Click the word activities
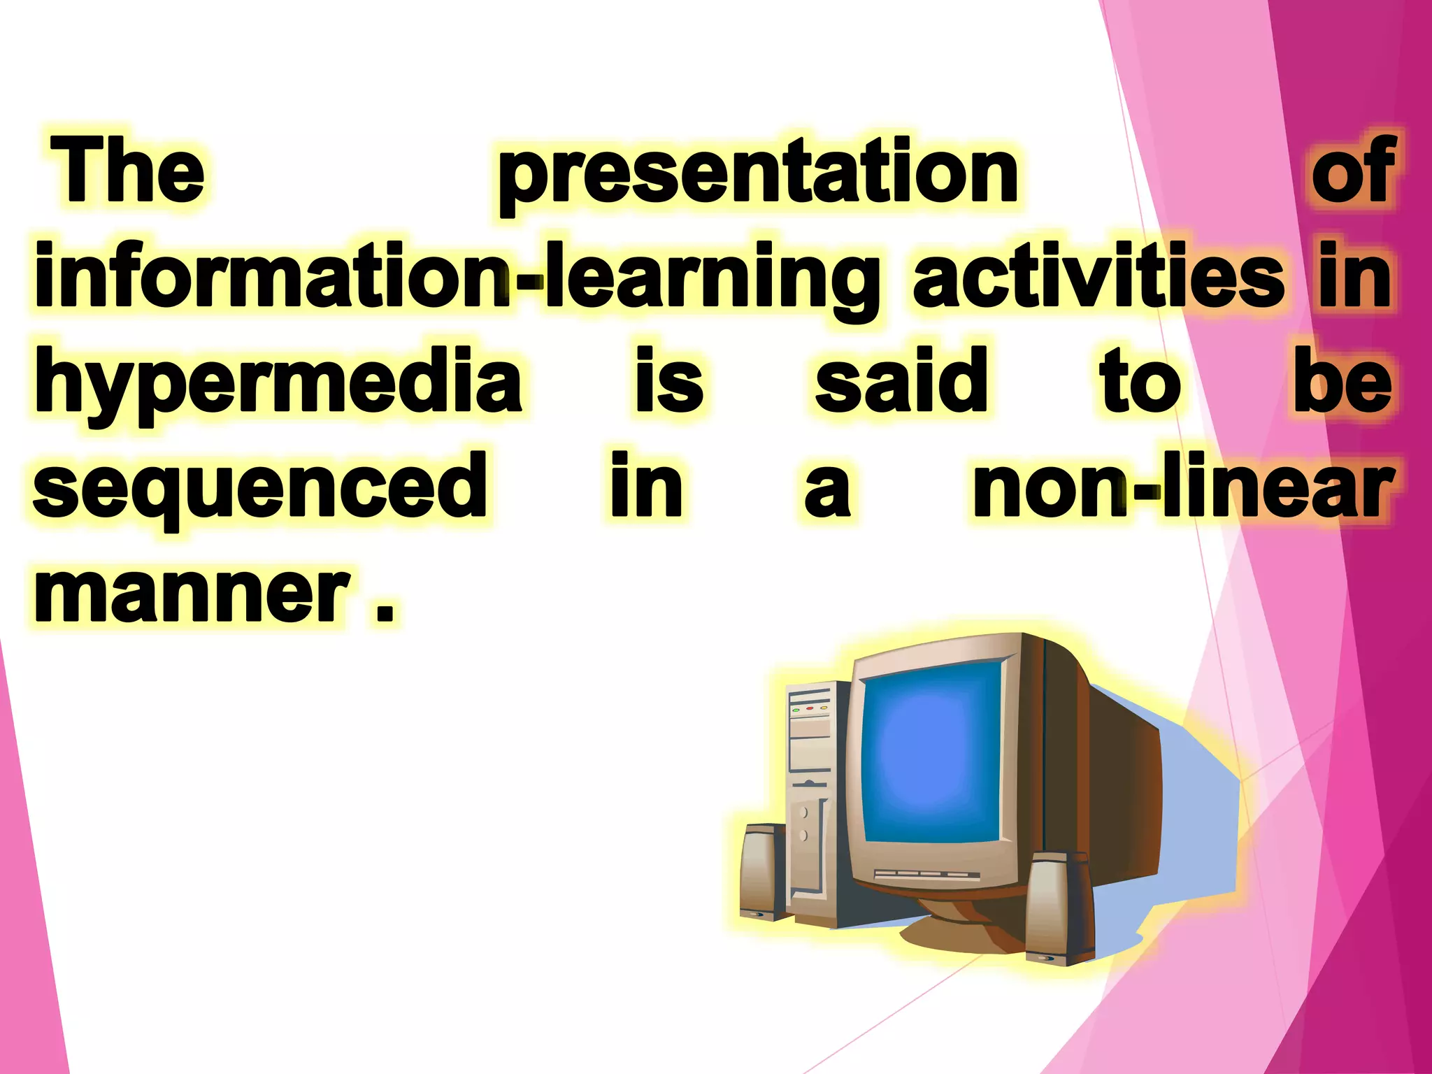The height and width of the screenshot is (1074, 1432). coord(1098,276)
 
